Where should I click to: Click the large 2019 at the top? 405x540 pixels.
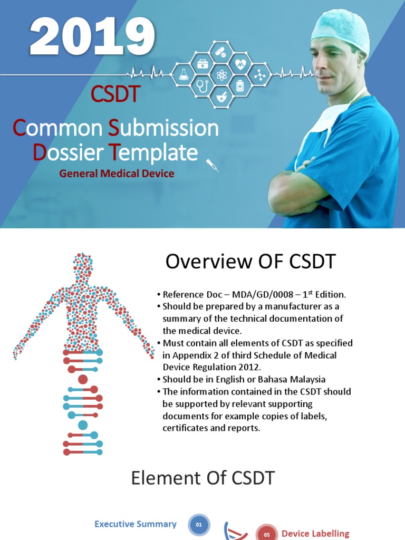pos(92,37)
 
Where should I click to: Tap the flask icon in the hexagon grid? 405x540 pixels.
pos(184,75)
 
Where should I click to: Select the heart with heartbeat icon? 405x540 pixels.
pos(240,64)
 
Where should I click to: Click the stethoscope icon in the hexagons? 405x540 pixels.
pos(202,85)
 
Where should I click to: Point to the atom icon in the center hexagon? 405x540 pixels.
pos(221,75)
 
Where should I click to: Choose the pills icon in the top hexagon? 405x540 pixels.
pos(221,53)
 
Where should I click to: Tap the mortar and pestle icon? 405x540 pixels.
pos(221,97)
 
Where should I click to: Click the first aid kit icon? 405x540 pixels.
pos(202,64)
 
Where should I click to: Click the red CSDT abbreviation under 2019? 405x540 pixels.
pos(115,94)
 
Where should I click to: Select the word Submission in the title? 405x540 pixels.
pos(163,128)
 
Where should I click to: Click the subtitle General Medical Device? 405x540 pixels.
pos(117,173)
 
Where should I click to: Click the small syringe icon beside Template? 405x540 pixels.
pos(213,165)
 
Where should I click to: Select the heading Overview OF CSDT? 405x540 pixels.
pos(250,262)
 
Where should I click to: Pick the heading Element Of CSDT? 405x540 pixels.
pos(202,478)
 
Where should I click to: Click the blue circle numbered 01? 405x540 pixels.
pos(199,525)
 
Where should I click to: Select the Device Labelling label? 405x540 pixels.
pos(315,534)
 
